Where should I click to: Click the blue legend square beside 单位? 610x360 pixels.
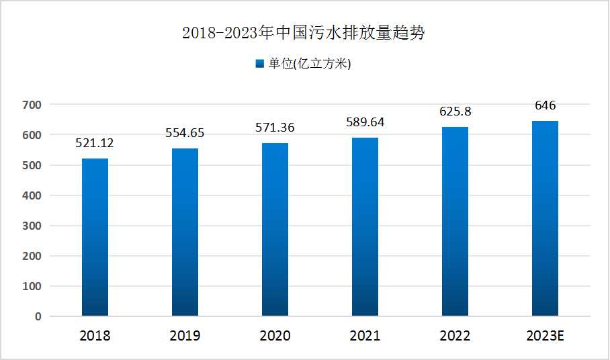click(260, 64)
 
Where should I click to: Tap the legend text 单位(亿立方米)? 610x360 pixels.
click(310, 64)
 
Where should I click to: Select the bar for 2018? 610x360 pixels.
click(95, 237)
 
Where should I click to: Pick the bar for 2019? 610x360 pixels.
click(185, 232)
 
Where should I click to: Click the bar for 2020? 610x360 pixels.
click(275, 230)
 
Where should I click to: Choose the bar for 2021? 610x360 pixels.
click(365, 227)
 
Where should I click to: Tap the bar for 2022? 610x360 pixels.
click(455, 222)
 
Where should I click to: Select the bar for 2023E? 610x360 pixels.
click(545, 218)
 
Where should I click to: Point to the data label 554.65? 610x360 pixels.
click(185, 134)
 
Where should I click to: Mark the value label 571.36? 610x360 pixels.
click(275, 128)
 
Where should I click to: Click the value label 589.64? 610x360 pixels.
click(365, 122)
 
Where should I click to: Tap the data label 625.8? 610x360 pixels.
click(455, 111)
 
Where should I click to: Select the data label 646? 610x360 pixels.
click(545, 105)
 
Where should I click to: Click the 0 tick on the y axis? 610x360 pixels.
click(38, 316)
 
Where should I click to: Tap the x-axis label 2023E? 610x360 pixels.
click(545, 336)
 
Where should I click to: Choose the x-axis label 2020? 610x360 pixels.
click(275, 336)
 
